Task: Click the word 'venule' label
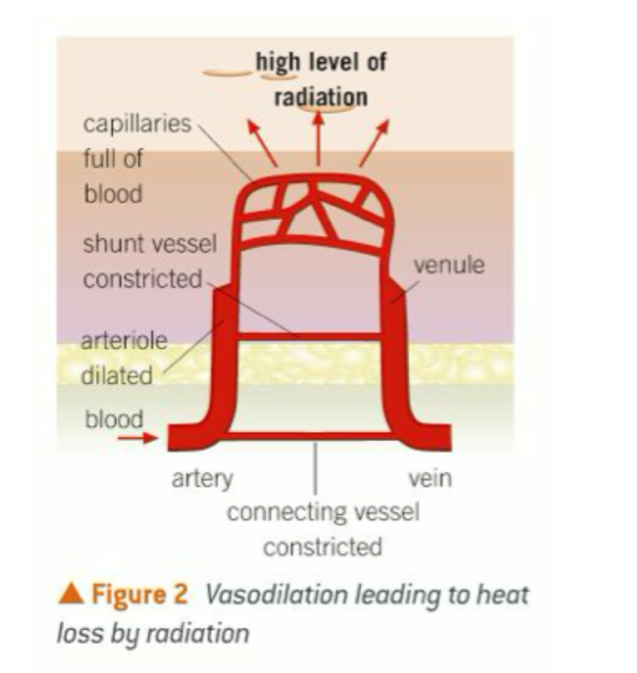(x=448, y=265)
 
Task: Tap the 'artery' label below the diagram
(x=202, y=479)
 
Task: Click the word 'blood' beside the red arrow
(x=114, y=419)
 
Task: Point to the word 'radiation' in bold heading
(x=320, y=96)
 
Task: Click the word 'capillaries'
(x=136, y=125)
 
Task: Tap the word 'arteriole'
(x=125, y=341)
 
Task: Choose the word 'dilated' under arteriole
(x=116, y=376)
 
